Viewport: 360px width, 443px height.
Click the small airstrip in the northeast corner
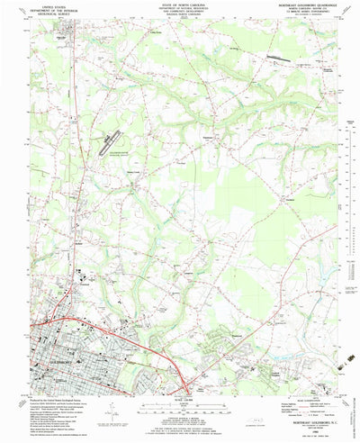click(x=281, y=59)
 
